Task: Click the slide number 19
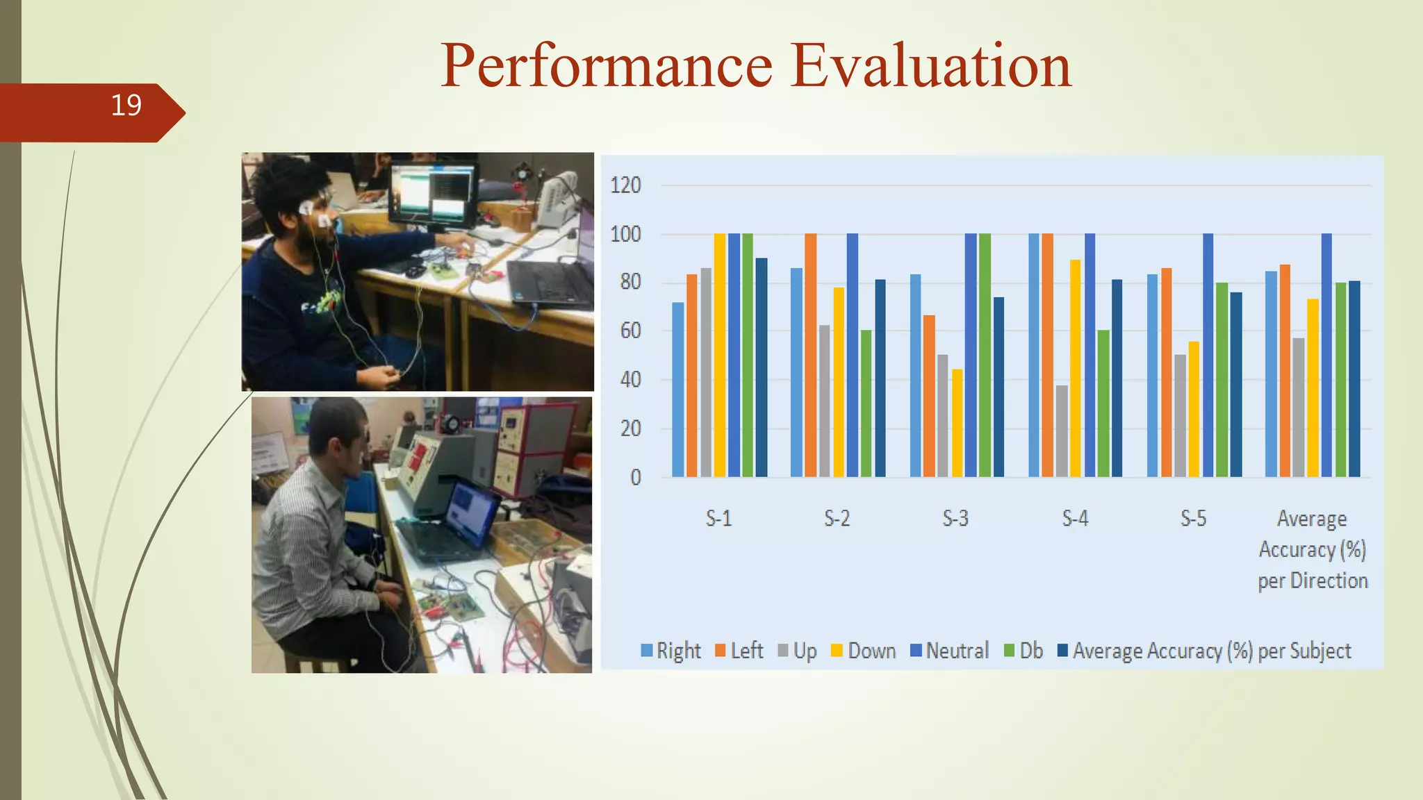pos(126,106)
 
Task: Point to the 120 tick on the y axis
pos(625,185)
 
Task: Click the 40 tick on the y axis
pos(630,380)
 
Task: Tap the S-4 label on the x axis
pos(1074,518)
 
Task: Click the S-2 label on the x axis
pos(837,518)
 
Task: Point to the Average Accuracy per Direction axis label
pos(1312,549)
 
